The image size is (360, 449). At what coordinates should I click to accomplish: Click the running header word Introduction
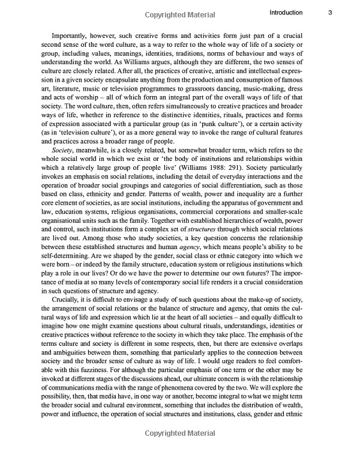286,12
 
